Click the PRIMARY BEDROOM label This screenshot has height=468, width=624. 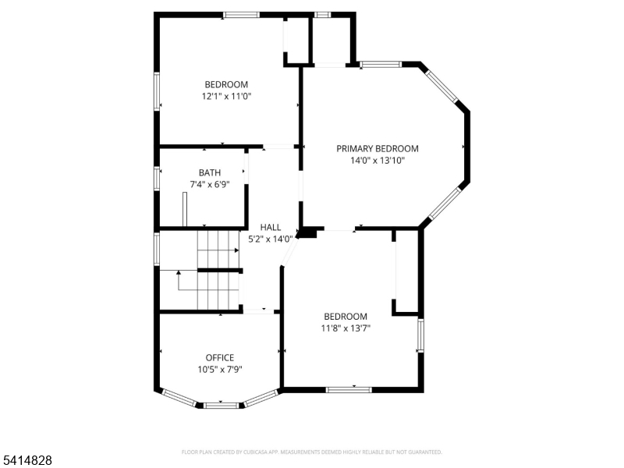377,148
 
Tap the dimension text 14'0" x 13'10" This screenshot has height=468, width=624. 377,160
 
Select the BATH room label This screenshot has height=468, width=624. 209,172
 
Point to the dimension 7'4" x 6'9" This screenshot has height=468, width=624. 209,185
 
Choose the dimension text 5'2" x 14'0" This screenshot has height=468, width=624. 270,239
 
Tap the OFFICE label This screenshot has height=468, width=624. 219,357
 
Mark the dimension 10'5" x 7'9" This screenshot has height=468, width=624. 219,370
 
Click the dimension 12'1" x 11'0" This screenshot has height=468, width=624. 226,97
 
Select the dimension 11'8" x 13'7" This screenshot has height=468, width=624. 346,328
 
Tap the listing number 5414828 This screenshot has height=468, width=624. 27,461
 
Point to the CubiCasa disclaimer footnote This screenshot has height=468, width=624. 311,452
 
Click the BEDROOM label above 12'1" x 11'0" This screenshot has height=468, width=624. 226,84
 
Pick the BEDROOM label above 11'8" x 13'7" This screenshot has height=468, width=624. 346,316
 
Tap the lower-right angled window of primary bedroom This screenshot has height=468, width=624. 445,203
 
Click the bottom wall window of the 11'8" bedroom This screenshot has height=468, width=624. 349,388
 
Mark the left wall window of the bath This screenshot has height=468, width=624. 157,178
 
